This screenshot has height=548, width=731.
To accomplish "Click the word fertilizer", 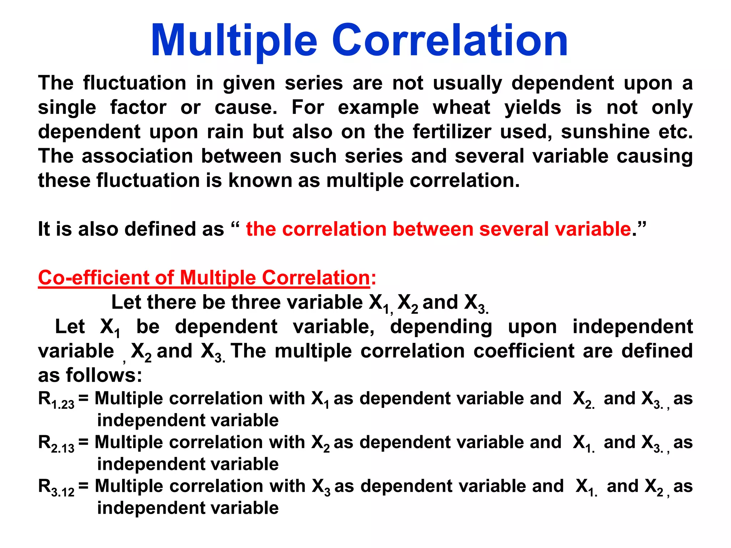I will click(x=452, y=132).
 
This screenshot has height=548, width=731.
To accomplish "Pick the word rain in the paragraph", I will click(x=225, y=132).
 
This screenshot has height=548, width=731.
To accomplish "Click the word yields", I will click(x=533, y=107).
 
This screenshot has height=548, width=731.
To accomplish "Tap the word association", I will click(x=137, y=156).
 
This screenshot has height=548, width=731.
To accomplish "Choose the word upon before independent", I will click(x=532, y=327).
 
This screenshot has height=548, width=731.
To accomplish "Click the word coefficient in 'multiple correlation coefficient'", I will click(x=524, y=351).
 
